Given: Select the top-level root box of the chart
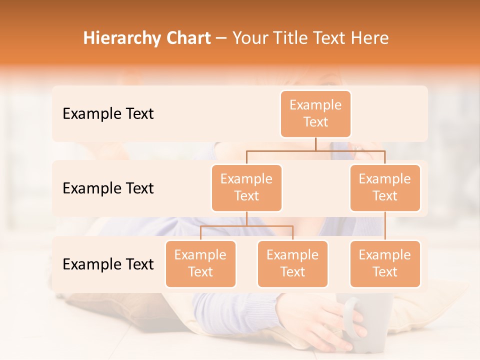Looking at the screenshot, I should pos(315,114).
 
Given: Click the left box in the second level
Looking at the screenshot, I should pos(246,188).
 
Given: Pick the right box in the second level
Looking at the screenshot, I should pos(385,188).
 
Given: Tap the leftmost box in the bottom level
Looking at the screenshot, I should pos(200,264).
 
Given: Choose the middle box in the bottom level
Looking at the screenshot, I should pos(292,264).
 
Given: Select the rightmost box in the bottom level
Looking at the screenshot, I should pos(385,264).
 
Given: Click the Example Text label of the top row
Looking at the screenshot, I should pos(108,114).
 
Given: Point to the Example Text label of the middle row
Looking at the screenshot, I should pos(108,188).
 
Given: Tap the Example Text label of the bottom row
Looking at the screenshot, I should pos(108,264).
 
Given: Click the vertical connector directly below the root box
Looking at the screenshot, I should pos(315,144).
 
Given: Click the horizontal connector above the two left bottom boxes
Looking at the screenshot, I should pos(246,226).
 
